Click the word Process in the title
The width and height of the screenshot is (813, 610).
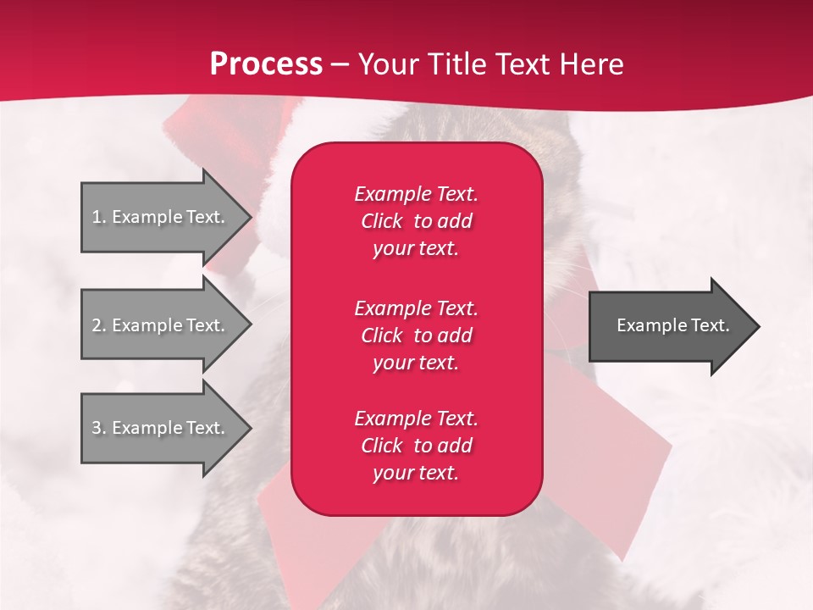pos(266,64)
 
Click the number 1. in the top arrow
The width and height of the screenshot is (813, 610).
pos(99,217)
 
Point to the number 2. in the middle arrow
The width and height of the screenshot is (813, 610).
pos(99,325)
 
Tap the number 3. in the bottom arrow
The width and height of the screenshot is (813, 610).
pos(99,428)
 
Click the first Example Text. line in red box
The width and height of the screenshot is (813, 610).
pos(416,194)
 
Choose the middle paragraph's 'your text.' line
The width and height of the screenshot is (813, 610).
pos(416,363)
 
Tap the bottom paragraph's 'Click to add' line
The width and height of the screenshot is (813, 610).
pos(416,446)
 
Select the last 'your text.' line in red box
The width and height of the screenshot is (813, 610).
pos(416,473)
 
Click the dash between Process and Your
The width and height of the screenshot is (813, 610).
pos(340,64)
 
